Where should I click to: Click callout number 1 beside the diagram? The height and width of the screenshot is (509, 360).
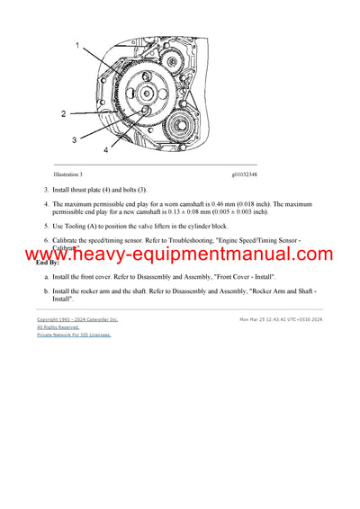click(x=77, y=44)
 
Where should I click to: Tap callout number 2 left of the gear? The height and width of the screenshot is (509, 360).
click(x=63, y=114)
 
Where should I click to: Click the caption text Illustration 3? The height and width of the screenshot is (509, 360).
click(x=68, y=174)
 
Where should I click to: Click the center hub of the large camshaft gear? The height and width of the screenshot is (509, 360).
click(x=147, y=94)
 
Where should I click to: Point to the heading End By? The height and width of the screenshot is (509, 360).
click(x=48, y=263)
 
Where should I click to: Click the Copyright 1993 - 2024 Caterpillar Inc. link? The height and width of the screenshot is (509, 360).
click(x=77, y=319)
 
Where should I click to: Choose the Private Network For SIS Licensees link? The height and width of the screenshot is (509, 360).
click(x=74, y=335)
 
